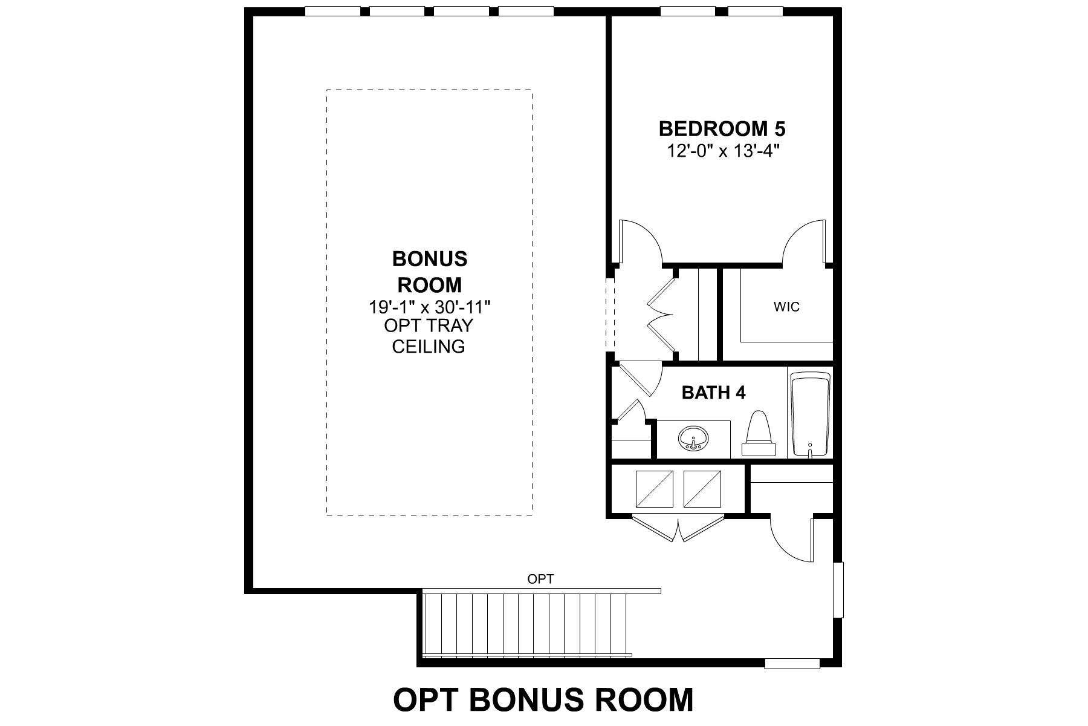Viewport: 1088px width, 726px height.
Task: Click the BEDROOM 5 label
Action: coord(722,129)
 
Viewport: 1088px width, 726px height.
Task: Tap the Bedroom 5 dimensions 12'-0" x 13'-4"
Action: coord(722,151)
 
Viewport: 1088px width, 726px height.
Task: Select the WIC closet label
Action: coord(786,307)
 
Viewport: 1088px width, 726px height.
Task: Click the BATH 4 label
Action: coord(713,393)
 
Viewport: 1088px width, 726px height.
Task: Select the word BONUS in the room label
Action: coord(430,259)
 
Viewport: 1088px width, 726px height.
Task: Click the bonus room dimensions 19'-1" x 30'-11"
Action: coord(430,307)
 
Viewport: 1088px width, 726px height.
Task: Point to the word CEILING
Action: coord(429,347)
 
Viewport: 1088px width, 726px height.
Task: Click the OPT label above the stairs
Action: coord(540,579)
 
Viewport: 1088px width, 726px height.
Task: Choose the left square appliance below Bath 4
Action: coord(654,489)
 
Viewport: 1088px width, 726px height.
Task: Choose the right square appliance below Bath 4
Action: coord(702,489)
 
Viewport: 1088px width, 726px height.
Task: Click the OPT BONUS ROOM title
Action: coord(543,699)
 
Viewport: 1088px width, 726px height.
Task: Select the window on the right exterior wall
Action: coord(838,590)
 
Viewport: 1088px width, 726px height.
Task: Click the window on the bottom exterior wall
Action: coord(792,664)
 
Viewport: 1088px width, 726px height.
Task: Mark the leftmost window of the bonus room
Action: coord(333,11)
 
